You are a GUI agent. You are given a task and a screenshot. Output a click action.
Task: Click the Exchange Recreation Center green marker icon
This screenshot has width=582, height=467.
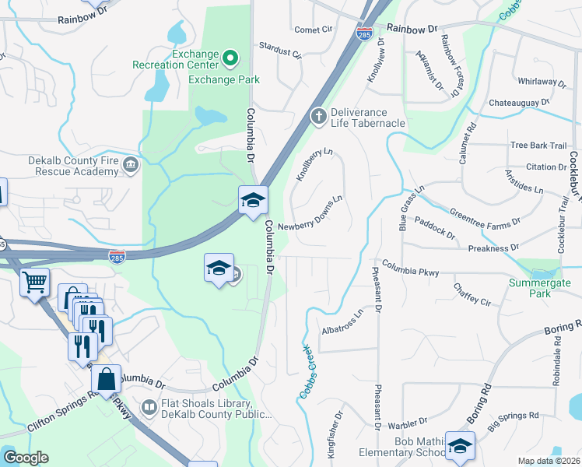click(230, 57)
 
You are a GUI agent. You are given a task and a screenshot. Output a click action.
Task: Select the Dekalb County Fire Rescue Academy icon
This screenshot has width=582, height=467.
click(130, 164)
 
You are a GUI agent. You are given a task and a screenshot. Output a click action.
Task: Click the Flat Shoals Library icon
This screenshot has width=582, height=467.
click(149, 407)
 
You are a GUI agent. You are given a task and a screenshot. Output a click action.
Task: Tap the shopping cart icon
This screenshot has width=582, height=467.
click(34, 282)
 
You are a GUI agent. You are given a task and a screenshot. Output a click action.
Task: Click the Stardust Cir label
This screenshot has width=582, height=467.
click(279, 49)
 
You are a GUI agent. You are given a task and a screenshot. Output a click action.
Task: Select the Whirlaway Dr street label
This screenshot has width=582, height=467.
click(544, 81)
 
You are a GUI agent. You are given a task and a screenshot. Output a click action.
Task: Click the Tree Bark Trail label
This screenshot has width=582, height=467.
click(538, 146)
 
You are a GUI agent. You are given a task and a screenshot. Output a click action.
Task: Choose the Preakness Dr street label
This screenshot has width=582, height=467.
click(493, 248)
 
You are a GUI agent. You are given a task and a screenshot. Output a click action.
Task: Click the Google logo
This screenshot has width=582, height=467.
click(26, 458)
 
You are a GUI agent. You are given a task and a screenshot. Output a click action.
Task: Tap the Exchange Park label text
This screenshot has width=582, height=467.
click(224, 79)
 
